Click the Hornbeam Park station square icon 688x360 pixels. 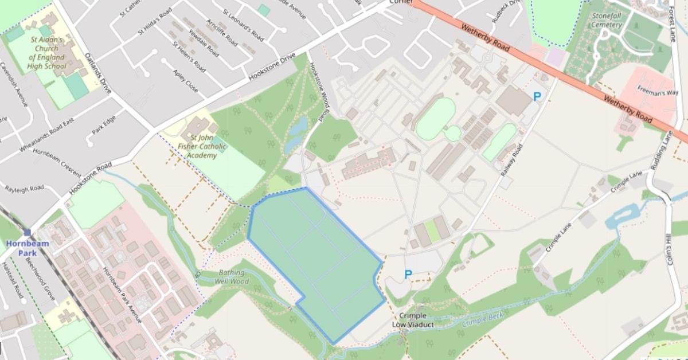pyautogui.click(x=27, y=232)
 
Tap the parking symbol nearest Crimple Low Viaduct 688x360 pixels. pyautogui.click(x=408, y=275)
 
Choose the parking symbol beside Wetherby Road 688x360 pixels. pyautogui.click(x=537, y=97)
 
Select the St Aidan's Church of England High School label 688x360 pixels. pyautogui.click(x=46, y=52)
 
